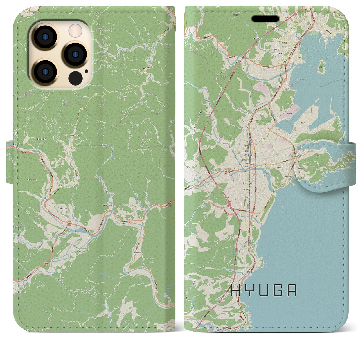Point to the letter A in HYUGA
(292, 291)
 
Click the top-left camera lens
(45, 37)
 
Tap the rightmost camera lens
(75, 54)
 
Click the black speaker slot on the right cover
(265, 19)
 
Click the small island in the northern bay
(321, 66)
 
